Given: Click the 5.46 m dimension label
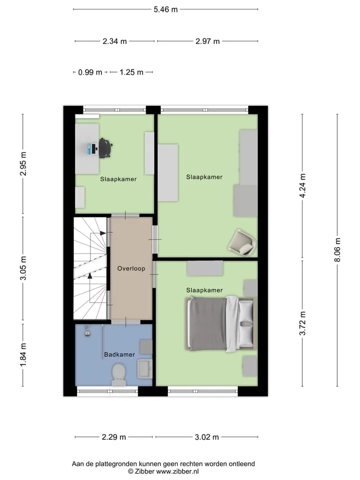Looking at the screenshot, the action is pos(165,9).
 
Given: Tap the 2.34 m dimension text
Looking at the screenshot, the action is pos(114,41).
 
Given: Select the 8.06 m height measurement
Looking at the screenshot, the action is pos(337,250).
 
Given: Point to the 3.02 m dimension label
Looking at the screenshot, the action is pos(206,437).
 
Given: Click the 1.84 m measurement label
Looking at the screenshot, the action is pos(23,354).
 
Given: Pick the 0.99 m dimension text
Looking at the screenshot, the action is pos(90,72).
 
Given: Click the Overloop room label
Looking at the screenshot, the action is pos(131,268).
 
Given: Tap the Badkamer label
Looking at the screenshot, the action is pos(119,354).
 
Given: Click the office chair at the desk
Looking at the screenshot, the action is pos(104,148).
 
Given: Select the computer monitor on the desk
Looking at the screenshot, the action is pos(90,149).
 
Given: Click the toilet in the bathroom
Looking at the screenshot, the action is pos(119,374).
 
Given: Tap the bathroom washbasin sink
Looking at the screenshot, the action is pos(144,369).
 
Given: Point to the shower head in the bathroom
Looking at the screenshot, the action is pos(87,331).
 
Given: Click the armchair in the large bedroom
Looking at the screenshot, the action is pos(242,242).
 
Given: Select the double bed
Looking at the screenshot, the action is pos(220,324).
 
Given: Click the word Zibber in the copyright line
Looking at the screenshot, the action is pos(144,471).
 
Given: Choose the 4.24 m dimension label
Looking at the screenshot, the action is pos(302,185).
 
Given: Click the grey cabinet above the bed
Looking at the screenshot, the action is pos(205,268).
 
